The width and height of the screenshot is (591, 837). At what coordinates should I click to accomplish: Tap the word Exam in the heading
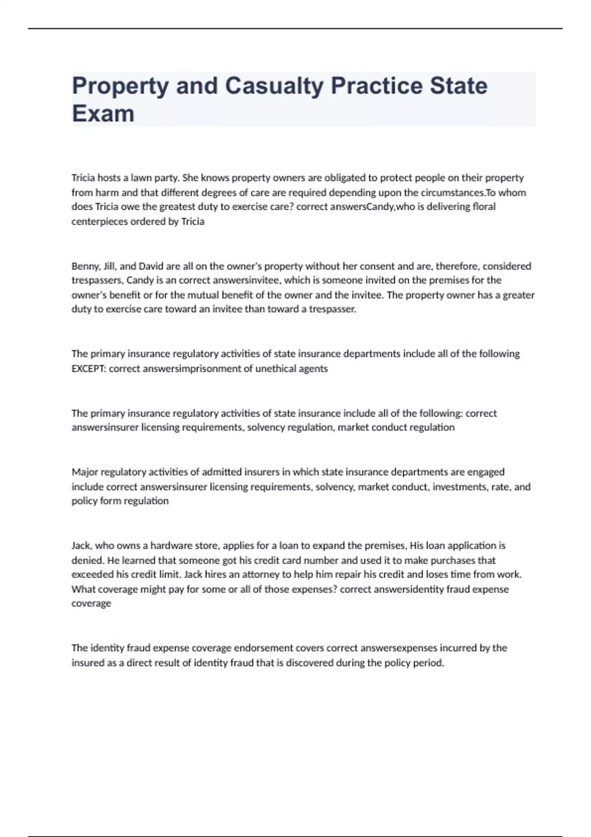[103, 114]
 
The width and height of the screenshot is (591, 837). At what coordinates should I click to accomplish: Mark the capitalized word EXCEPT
[89, 369]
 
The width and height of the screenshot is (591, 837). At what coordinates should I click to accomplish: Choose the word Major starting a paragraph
[85, 472]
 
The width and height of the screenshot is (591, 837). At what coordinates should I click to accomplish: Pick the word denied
[87, 560]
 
